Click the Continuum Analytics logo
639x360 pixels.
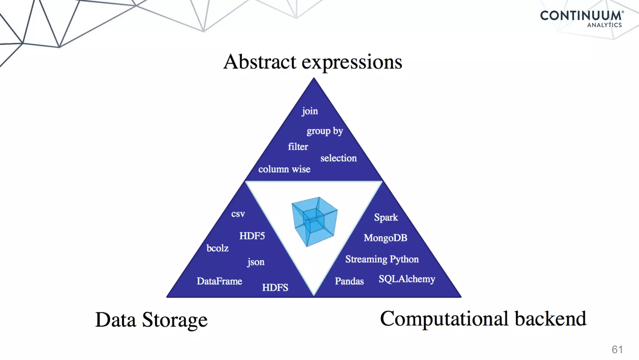pos(582,19)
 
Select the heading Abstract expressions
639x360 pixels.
pos(313,62)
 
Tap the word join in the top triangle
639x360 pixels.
pos(310,111)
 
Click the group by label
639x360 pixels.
pos(324,131)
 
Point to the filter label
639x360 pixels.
pos(298,147)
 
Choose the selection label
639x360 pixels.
pos(339,158)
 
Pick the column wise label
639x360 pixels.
pos(284,169)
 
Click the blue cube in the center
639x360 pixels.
pos(315,221)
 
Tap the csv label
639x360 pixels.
pos(238,214)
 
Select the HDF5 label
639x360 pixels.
pos(252,236)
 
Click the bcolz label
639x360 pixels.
pos(217,248)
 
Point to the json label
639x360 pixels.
pos(256,262)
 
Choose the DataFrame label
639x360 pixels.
pos(219,281)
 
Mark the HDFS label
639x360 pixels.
pos(275,287)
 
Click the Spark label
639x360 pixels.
pos(386,217)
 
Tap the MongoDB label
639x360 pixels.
pos(385,238)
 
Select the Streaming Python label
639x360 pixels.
pos(382,259)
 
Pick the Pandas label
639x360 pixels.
pos(349,281)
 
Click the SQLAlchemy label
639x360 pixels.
pos(407,279)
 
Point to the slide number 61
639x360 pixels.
pos(617,349)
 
